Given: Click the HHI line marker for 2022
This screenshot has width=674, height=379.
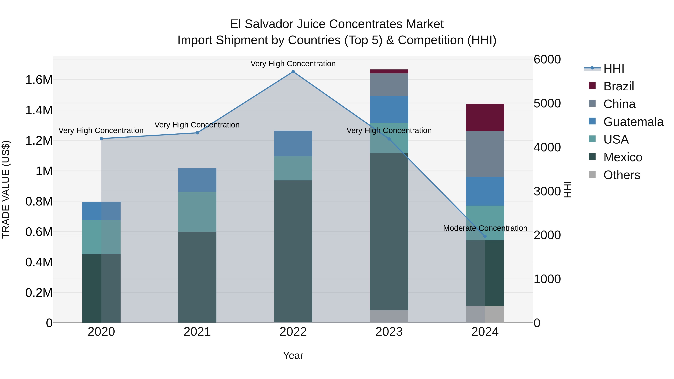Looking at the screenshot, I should (x=293, y=72).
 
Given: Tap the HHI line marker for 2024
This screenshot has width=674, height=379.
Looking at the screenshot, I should (x=485, y=236).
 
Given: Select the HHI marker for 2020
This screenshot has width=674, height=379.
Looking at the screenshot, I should (x=101, y=139).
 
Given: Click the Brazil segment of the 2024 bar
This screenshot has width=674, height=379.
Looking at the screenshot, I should (x=485, y=117).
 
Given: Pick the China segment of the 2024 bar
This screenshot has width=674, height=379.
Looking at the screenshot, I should (x=485, y=154).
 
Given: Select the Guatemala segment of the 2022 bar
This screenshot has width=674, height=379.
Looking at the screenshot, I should (x=293, y=143).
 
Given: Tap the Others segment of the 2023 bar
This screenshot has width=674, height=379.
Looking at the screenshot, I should (x=389, y=316).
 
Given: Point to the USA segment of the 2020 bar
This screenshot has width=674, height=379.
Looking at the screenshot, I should (x=101, y=237).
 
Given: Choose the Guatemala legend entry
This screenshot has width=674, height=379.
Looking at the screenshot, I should (x=633, y=122).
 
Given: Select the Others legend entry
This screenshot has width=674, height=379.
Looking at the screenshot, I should (x=621, y=175).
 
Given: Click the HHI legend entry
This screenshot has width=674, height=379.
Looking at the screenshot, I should (x=614, y=69).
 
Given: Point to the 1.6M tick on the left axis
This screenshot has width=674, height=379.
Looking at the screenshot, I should (x=39, y=80).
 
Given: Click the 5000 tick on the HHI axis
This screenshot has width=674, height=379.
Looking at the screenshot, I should (x=547, y=103).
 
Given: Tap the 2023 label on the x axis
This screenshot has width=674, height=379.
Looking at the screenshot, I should (x=389, y=332).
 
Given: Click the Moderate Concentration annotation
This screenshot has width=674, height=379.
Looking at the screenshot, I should (x=485, y=228).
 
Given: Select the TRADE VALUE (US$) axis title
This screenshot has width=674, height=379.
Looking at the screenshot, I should (x=6, y=189).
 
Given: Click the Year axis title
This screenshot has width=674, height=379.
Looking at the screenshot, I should (x=293, y=355).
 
